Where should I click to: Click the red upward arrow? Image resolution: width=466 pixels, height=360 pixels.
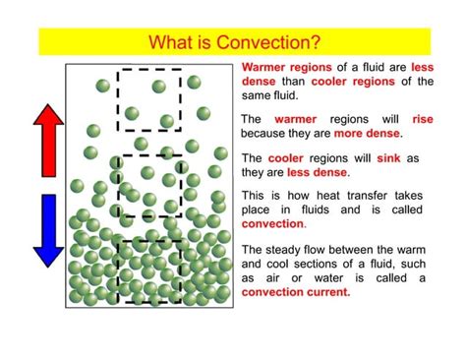coord(47,139)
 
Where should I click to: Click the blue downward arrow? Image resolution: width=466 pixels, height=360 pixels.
coord(47,230)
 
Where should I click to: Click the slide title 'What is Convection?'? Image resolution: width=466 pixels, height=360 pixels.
coord(233,42)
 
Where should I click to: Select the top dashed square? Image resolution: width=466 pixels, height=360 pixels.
coord(148,99)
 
